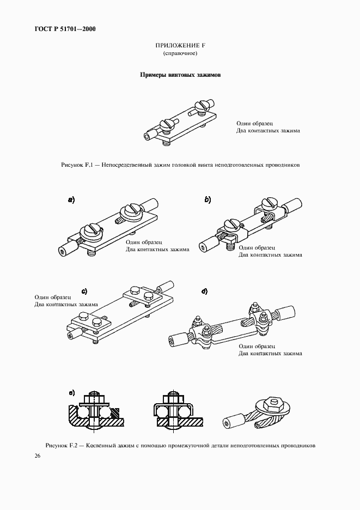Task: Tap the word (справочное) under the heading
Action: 180,53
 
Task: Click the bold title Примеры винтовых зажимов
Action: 180,75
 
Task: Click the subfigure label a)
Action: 71,200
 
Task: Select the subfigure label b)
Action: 208,200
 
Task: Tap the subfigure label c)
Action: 84,291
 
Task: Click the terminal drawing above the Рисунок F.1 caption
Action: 180,123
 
